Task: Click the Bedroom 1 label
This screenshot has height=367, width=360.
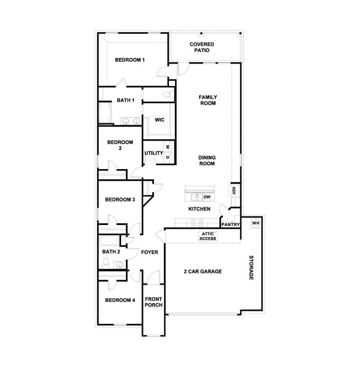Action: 129,60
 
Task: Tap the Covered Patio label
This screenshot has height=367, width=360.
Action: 201,47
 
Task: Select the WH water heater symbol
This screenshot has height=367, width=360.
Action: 255,223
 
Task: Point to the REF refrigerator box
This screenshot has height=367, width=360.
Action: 234,190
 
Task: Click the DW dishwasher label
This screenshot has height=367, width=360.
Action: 207,197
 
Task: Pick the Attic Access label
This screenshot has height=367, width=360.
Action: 208,236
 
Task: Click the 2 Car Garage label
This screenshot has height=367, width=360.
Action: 202,271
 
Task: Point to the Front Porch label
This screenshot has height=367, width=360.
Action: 154,302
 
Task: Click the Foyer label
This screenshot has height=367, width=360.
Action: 149,252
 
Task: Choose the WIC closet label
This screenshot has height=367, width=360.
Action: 159,119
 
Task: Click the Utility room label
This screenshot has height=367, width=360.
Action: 154,153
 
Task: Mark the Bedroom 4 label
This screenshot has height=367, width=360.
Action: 120,300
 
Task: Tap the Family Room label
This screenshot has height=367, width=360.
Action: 208,100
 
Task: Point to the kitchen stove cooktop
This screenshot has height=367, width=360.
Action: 197,221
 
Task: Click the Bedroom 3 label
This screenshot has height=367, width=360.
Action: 120,199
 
